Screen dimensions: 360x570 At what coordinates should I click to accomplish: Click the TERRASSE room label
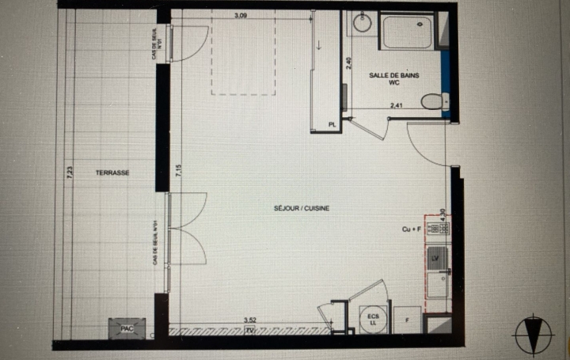112,172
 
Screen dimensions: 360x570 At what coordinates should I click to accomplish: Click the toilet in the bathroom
432,101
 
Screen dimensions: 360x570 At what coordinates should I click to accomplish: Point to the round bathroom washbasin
362,23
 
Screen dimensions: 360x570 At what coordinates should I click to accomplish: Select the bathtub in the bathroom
409,32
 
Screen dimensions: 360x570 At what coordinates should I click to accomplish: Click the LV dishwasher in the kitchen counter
435,256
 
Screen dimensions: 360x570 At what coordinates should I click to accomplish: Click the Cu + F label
412,229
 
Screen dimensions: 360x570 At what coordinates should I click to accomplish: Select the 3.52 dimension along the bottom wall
249,320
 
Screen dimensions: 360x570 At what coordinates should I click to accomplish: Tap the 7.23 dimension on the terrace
70,172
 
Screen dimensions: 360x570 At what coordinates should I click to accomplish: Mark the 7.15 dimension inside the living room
180,172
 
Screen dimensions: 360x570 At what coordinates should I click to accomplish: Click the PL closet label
332,123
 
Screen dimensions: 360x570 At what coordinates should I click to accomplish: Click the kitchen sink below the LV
436,282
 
